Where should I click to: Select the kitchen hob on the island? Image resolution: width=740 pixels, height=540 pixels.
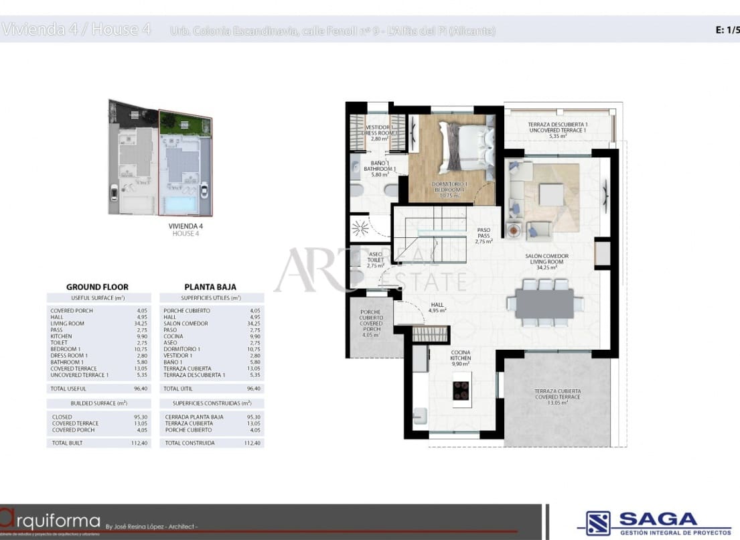tap(461, 390)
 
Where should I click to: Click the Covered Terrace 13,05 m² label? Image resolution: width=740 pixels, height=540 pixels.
tap(557, 397)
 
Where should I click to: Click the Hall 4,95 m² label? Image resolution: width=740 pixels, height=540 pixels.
tap(438, 308)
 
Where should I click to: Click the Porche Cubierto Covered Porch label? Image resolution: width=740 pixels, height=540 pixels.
tap(370, 323)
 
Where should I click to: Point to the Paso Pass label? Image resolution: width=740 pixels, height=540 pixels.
tap(484, 236)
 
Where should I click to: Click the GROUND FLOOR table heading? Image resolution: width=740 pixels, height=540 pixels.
tap(97, 287)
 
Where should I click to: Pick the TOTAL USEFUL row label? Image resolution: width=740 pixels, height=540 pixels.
tap(69, 389)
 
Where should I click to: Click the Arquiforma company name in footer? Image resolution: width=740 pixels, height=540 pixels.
tap(50, 521)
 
